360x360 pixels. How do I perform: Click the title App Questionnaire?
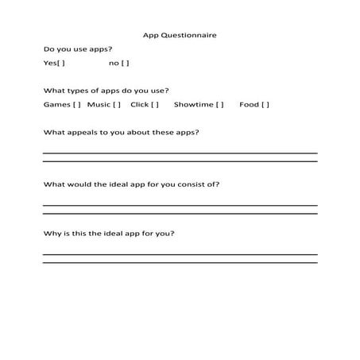pos(180,35)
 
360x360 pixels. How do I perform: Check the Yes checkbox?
pos(61,63)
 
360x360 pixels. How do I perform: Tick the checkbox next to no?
pos(126,63)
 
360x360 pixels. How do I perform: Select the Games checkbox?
pos(76,104)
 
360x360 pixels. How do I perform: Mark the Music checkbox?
pos(116,104)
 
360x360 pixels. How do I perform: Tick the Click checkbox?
pos(154,104)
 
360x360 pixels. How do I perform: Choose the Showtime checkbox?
pos(219,104)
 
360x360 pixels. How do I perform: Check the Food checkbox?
pos(265,104)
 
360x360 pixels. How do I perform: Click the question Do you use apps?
pos(78,49)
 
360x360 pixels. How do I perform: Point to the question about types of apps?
pos(106,91)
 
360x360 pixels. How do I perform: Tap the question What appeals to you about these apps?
pos(121,132)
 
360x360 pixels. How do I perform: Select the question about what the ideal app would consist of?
pos(131,184)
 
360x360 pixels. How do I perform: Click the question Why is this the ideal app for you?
pos(109,234)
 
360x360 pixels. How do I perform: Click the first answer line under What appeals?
pos(180,153)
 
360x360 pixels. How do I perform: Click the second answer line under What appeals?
pos(180,161)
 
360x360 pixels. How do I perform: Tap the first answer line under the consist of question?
pos(180,205)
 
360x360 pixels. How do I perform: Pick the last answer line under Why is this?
pos(180,263)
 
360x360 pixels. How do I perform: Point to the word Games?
pos(56,104)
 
